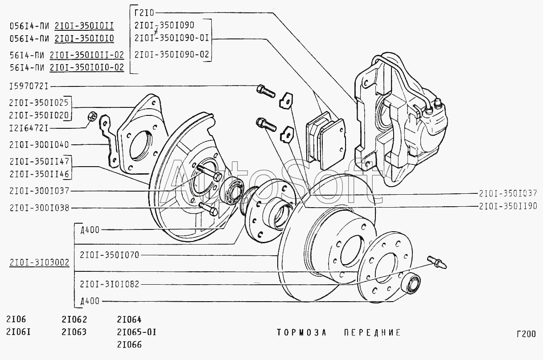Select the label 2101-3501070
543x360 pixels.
point(109,255)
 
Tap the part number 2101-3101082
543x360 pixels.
point(109,284)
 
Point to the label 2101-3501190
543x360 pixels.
point(508,207)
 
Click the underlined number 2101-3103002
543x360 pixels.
point(39,262)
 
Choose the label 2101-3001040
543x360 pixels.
point(39,144)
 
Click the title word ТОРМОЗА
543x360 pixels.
point(302,333)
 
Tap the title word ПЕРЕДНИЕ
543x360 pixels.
point(366,333)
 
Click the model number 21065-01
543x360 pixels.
point(136,332)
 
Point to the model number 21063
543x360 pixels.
point(74,332)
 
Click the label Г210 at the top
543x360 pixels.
point(144,13)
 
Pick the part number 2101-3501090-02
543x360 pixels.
point(171,55)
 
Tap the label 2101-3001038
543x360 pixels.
point(39,208)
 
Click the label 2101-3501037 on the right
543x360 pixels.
point(508,193)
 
